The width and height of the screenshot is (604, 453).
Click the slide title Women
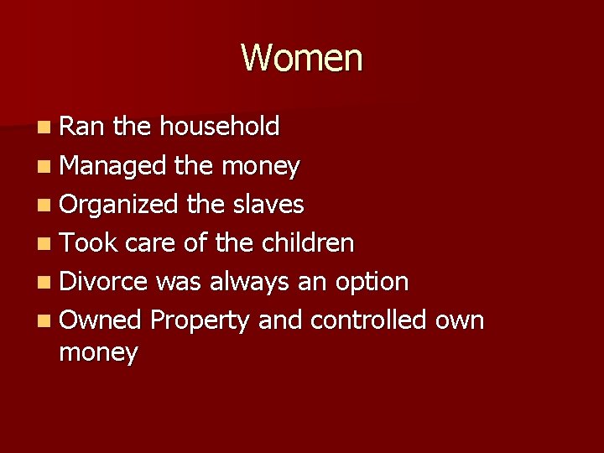click(x=302, y=58)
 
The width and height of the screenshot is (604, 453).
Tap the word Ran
click(x=83, y=127)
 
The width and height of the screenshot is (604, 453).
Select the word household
click(x=219, y=127)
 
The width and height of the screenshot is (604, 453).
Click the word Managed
click(x=113, y=165)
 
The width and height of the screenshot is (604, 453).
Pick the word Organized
click(x=118, y=204)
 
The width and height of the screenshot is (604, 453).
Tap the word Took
click(x=89, y=242)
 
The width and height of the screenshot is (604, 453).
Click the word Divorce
click(x=104, y=281)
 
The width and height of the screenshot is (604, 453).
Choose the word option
click(x=371, y=283)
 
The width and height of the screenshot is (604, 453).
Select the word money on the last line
click(x=98, y=353)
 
